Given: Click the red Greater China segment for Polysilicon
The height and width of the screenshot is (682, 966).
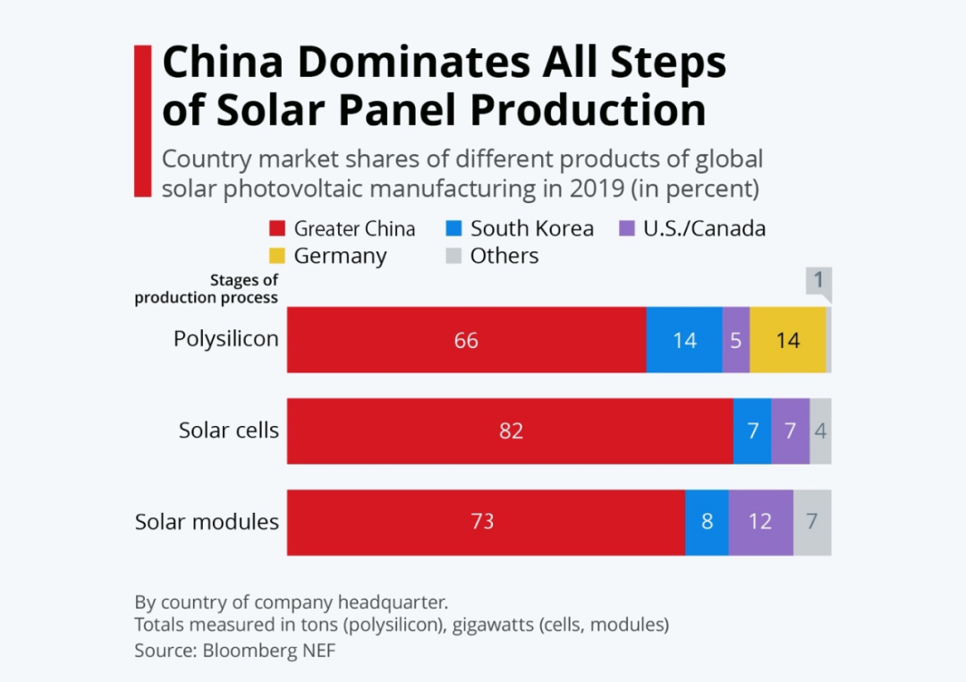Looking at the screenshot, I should tap(466, 340).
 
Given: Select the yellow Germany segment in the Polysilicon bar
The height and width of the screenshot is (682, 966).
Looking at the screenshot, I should tap(788, 340).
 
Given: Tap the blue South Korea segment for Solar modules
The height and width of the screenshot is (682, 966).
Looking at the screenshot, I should tap(707, 522).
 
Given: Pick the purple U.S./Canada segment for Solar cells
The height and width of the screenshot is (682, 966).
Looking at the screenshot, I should tap(790, 431).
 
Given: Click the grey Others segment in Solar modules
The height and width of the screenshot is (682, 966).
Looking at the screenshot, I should tap(812, 522).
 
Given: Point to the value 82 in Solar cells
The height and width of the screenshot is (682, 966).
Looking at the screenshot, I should tap(511, 431).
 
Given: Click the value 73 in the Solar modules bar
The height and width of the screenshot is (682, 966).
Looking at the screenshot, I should tap(482, 522).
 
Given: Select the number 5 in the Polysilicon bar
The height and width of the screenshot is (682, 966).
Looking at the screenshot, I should tap(736, 340).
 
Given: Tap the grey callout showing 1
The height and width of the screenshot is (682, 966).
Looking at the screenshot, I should tap(818, 281).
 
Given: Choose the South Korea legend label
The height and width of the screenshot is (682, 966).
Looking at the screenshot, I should tap(531, 228).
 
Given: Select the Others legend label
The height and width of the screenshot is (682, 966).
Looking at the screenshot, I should tap(504, 256).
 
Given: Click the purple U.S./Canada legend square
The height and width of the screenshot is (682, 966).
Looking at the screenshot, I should tap(627, 228).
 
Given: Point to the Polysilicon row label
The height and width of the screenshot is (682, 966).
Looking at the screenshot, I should tap(226, 339).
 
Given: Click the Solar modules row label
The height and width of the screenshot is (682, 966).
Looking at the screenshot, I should tap(207, 522).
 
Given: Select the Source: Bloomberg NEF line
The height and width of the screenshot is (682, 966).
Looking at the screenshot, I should tap(235, 651).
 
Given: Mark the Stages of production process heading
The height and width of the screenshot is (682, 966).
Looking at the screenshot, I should tap(207, 289).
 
